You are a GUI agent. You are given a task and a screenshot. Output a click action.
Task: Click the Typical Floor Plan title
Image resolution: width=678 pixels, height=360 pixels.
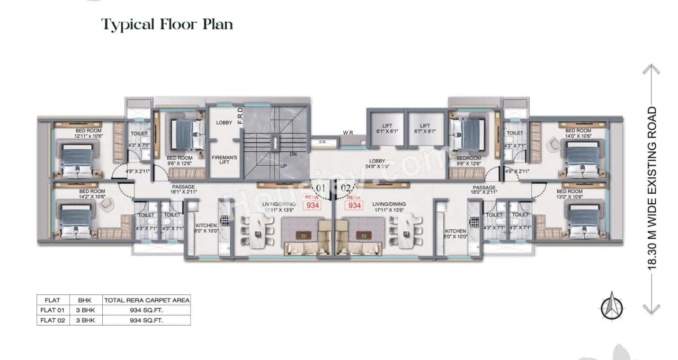coord(167,24)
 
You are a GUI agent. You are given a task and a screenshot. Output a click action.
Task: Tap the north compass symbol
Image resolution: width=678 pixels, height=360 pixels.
coord(612,305)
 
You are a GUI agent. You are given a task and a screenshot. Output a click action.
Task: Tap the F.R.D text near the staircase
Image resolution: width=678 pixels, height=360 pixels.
coord(239,116)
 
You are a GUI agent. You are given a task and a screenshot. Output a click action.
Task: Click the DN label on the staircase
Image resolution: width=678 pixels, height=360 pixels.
coord(292,154)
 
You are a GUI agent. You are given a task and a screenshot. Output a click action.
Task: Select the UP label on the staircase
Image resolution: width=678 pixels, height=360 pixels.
coord(283,166)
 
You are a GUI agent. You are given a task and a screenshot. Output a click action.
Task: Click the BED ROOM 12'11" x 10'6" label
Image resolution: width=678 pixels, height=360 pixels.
coord(88,133)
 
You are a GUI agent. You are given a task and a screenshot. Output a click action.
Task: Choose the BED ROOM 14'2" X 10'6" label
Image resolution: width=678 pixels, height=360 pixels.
coord(92,194)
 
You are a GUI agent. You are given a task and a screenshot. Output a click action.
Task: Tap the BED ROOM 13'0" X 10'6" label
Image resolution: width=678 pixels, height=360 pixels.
coord(569,194)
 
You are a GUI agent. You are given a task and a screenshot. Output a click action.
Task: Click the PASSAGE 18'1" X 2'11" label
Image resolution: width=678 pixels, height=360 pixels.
coord(183,189)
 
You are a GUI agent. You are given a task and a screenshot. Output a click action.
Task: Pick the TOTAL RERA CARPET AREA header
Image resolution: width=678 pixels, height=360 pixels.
coord(147,300)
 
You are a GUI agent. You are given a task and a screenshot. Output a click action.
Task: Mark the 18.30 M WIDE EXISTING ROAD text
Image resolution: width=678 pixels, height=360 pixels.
coord(652,190)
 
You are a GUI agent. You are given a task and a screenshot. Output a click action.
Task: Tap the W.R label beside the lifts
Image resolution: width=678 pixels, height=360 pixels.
coord(348,132)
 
